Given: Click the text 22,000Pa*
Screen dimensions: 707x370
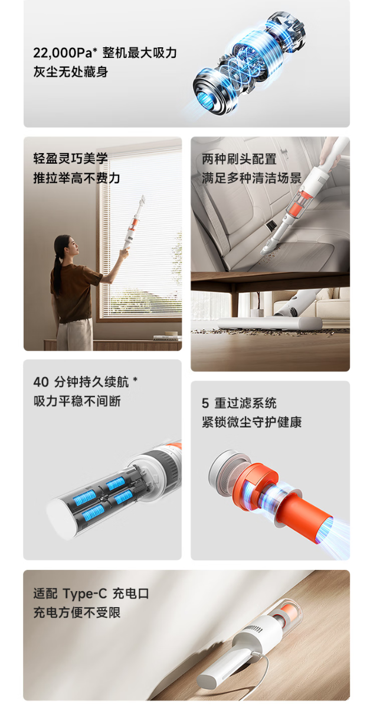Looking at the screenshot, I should tap(65, 53).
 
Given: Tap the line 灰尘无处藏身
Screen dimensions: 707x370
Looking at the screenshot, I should tap(70, 72).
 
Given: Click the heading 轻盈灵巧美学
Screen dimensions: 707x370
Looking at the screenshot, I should tap(70, 158).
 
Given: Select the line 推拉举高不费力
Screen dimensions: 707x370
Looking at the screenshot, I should tap(77, 178).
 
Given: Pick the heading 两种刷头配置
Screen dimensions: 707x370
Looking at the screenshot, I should tap(239, 158).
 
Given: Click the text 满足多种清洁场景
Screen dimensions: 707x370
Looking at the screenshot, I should tap(251, 178).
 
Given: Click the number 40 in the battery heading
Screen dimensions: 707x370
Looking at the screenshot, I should tap(41, 381).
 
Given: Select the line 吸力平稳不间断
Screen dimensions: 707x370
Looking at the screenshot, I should tap(77, 401).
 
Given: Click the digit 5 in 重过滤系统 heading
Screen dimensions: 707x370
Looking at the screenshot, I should tap(205, 403).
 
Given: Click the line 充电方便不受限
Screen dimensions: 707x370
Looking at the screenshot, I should tap(77, 612).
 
